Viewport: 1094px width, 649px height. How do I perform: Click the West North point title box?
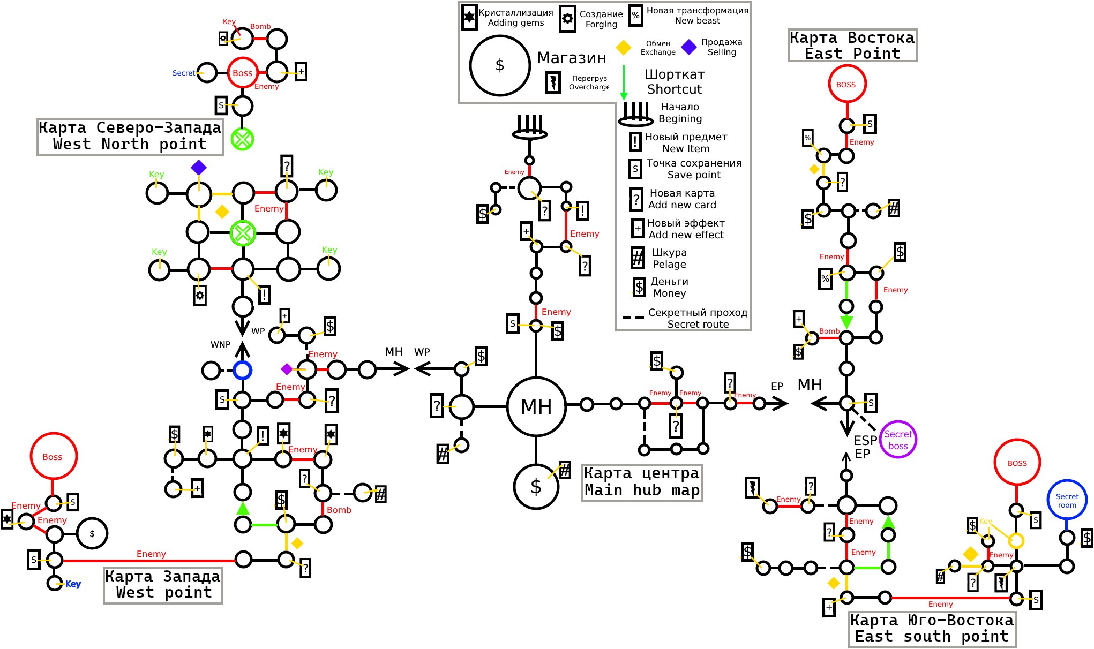click(x=130, y=137)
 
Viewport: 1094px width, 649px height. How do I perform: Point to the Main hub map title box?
click(x=642, y=482)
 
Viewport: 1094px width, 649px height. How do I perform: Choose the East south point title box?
click(x=932, y=629)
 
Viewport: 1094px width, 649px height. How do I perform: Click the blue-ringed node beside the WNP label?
click(x=242, y=363)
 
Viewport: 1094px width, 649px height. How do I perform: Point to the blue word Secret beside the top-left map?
click(x=184, y=73)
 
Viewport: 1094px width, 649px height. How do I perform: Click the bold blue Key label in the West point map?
click(x=73, y=584)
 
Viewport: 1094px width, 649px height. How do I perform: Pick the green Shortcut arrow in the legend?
click(x=624, y=82)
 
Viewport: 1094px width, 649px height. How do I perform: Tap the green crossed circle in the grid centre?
click(x=243, y=233)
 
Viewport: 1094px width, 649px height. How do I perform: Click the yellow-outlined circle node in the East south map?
click(x=1016, y=533)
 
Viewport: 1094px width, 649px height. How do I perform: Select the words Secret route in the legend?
click(x=698, y=324)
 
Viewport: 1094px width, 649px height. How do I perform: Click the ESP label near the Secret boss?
click(x=865, y=440)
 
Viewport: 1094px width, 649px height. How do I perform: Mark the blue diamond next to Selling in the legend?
click(x=689, y=47)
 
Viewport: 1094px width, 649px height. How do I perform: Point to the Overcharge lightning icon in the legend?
click(x=553, y=82)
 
